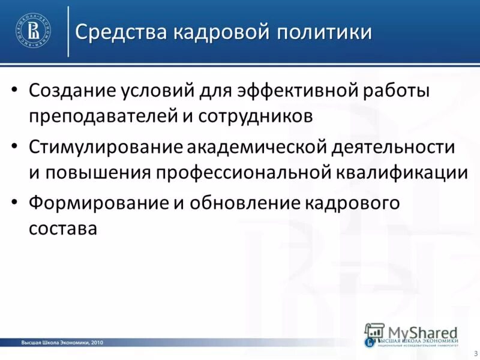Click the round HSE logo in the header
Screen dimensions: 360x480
point(34,30)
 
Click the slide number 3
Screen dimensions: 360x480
point(476,352)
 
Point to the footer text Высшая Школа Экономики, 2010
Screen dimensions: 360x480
point(62,343)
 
